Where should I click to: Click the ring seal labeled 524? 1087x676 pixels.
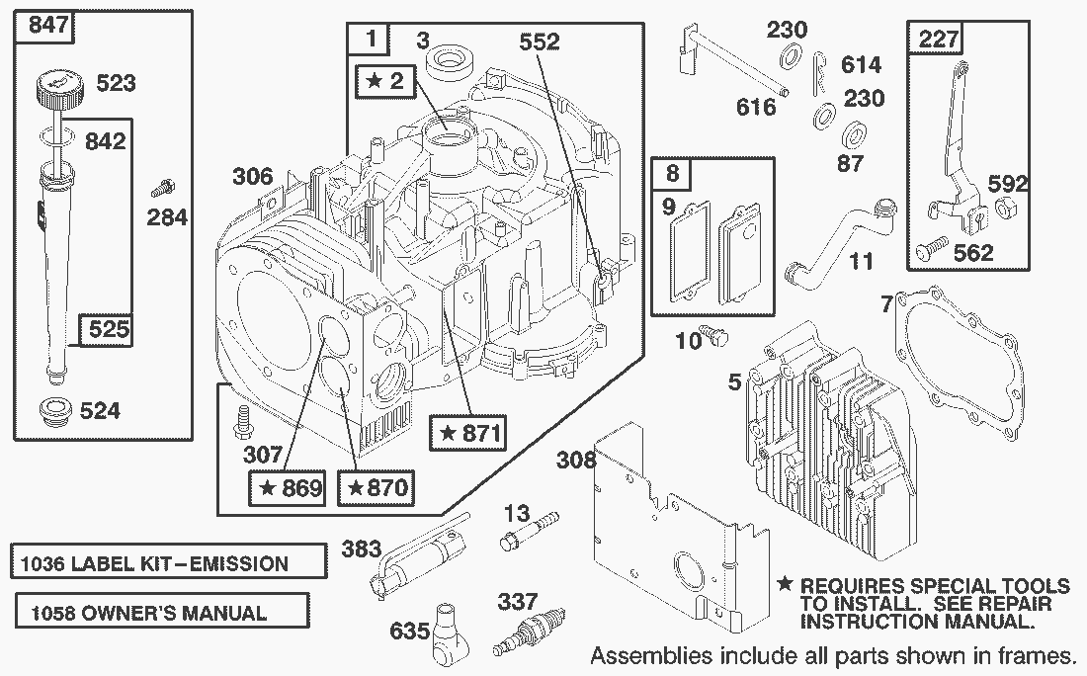click(x=59, y=410)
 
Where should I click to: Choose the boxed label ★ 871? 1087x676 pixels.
click(x=469, y=432)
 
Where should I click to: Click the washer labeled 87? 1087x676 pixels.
click(x=850, y=135)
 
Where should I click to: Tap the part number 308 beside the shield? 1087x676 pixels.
click(x=576, y=461)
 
